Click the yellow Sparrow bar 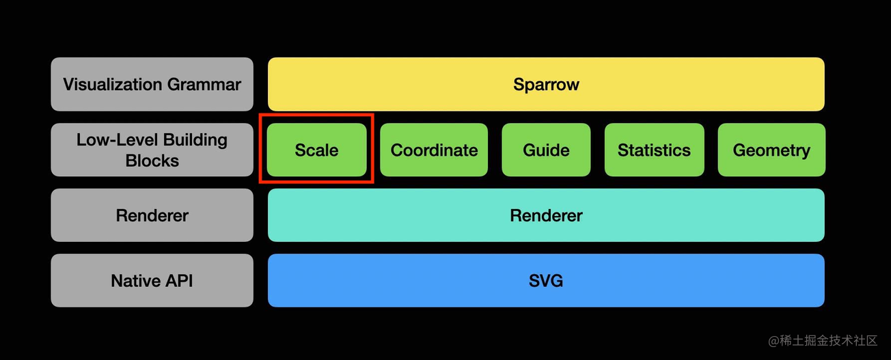tap(546, 84)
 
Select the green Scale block tap(316, 150)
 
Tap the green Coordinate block tap(434, 150)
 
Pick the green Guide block tap(546, 150)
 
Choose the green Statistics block tap(654, 150)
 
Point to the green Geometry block tap(771, 150)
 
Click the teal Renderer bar tap(546, 215)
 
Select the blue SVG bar tap(546, 280)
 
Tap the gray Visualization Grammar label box tap(152, 84)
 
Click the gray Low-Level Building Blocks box tap(152, 150)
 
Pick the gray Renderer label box tap(152, 215)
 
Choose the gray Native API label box tap(152, 280)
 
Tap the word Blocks tap(152, 161)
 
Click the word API tap(179, 281)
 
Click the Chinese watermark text tap(828, 340)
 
